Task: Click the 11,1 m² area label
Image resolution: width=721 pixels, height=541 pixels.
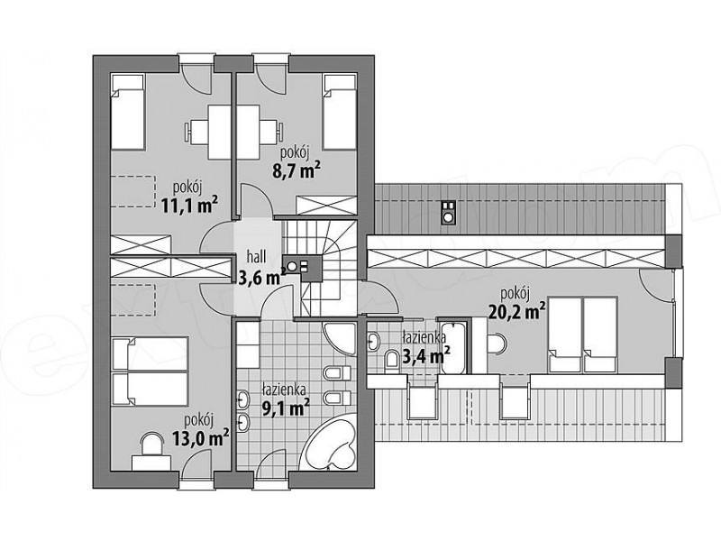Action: [x=189, y=206]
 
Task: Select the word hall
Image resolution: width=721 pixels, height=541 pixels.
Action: [x=256, y=256]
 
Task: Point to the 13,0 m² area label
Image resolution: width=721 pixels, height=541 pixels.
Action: [x=200, y=438]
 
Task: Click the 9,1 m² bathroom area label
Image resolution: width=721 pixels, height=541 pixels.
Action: [x=285, y=407]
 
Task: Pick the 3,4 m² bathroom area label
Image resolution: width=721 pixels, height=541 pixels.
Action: [x=425, y=355]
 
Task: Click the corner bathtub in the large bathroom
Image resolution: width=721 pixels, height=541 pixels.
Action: [x=331, y=442]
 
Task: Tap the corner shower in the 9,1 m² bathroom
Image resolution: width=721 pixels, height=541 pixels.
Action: [x=341, y=339]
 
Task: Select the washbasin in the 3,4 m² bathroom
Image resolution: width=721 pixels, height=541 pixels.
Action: [x=374, y=341]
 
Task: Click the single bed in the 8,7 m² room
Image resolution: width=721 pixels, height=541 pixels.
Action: [x=340, y=112]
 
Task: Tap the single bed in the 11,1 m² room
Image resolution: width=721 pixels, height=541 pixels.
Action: [x=128, y=112]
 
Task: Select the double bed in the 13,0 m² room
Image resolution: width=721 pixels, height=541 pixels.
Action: [x=150, y=371]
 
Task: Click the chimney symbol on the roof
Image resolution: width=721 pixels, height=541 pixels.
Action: [x=448, y=213]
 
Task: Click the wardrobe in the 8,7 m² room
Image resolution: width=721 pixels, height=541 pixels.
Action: [x=326, y=206]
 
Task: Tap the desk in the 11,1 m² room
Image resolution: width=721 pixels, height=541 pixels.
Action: [x=219, y=133]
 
